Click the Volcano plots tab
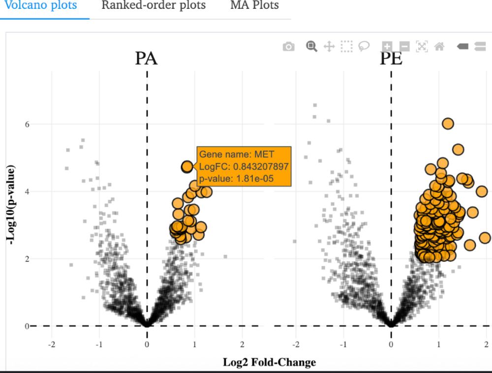pyautogui.click(x=40, y=6)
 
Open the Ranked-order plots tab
pyautogui.click(x=154, y=6)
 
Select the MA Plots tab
pyautogui.click(x=254, y=6)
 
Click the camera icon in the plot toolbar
pyautogui.click(x=289, y=47)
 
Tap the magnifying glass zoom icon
pyautogui.click(x=311, y=46)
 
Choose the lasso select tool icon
pyautogui.click(x=364, y=46)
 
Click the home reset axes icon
pyautogui.click(x=439, y=46)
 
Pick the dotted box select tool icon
pyautogui.click(x=347, y=46)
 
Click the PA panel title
pyautogui.click(x=146, y=59)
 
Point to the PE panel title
pyautogui.click(x=391, y=59)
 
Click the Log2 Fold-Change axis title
pyautogui.click(x=269, y=363)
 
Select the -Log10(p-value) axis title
pyautogui.click(x=10, y=203)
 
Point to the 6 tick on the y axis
pyautogui.click(x=27, y=124)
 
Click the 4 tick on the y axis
pyautogui.click(x=27, y=191)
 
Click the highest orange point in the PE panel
pyautogui.click(x=447, y=124)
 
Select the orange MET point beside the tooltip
pyautogui.click(x=187, y=167)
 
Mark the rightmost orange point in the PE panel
pyautogui.click(x=485, y=238)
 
